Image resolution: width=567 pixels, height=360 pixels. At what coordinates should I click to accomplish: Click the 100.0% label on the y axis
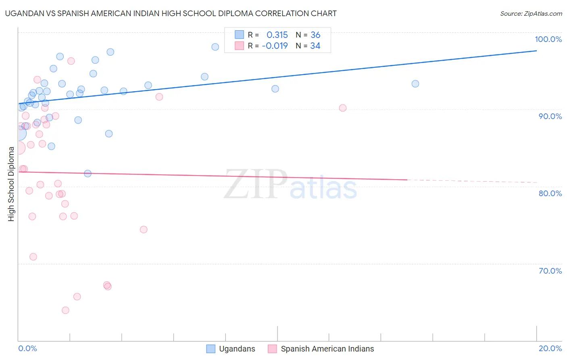point(548,39)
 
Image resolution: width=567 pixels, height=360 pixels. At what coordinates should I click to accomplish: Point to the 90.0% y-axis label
point(550,116)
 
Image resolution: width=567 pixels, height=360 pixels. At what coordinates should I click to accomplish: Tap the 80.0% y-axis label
point(550,193)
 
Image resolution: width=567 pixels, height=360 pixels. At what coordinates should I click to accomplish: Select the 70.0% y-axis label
point(550,271)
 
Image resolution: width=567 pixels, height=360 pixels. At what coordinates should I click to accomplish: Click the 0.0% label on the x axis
point(27,348)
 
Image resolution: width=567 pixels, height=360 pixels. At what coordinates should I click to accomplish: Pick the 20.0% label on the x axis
point(550,348)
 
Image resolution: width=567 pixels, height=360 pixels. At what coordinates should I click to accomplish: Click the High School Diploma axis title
point(11,184)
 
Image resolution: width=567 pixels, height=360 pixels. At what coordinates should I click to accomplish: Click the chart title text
point(171,13)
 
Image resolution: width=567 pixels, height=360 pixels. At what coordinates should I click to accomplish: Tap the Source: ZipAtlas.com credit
point(531,14)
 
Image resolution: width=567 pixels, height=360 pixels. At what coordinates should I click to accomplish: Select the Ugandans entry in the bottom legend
point(237,349)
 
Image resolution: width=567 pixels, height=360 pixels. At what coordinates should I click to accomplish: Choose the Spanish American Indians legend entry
point(327,349)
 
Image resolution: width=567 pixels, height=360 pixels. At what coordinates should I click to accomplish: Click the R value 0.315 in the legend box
point(277,35)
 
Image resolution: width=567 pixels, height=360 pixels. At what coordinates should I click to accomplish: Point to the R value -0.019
point(275,46)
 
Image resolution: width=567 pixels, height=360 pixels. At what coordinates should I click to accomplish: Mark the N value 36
point(315,35)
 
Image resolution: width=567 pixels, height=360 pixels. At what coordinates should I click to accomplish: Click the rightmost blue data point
point(415,84)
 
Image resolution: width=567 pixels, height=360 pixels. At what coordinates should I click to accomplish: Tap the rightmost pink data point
point(342,108)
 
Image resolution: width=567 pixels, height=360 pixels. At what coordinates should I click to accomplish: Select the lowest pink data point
point(65,310)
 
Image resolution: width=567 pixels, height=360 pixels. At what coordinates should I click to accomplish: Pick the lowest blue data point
point(88,174)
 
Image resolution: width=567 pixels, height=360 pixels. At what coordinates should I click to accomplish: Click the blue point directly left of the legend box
point(215,47)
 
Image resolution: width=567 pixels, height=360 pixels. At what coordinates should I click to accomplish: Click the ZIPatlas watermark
point(290,184)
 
